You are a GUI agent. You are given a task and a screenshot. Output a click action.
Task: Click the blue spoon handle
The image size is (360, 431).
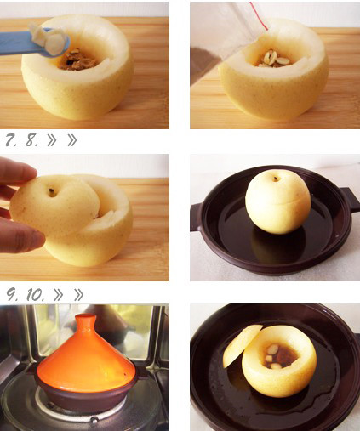(x=17, y=43)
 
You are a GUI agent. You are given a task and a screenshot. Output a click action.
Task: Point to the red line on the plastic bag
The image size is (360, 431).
(x=259, y=15)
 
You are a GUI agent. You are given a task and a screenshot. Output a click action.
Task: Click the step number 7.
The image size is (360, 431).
(x=11, y=140)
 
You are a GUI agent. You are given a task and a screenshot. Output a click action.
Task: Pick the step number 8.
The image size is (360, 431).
(x=31, y=140)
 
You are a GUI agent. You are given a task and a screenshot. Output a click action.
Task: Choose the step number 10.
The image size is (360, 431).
(x=36, y=295)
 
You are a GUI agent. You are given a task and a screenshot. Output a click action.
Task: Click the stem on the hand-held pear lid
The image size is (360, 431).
(x=52, y=193)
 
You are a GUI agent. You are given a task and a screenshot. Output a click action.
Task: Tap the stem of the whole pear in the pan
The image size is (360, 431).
(x=275, y=179)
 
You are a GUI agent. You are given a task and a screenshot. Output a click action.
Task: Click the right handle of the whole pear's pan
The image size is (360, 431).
(x=350, y=199)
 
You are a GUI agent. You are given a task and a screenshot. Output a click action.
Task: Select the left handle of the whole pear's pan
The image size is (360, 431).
(x=197, y=217)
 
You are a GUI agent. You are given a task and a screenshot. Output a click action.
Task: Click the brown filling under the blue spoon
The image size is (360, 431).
(x=80, y=60)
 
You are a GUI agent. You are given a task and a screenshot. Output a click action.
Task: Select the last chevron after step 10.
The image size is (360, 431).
(x=78, y=295)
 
